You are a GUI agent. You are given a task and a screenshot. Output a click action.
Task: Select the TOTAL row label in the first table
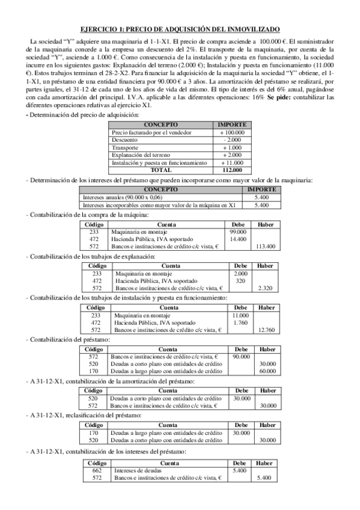click(163, 170)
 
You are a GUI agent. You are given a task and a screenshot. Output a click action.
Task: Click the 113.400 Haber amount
click(265, 246)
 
